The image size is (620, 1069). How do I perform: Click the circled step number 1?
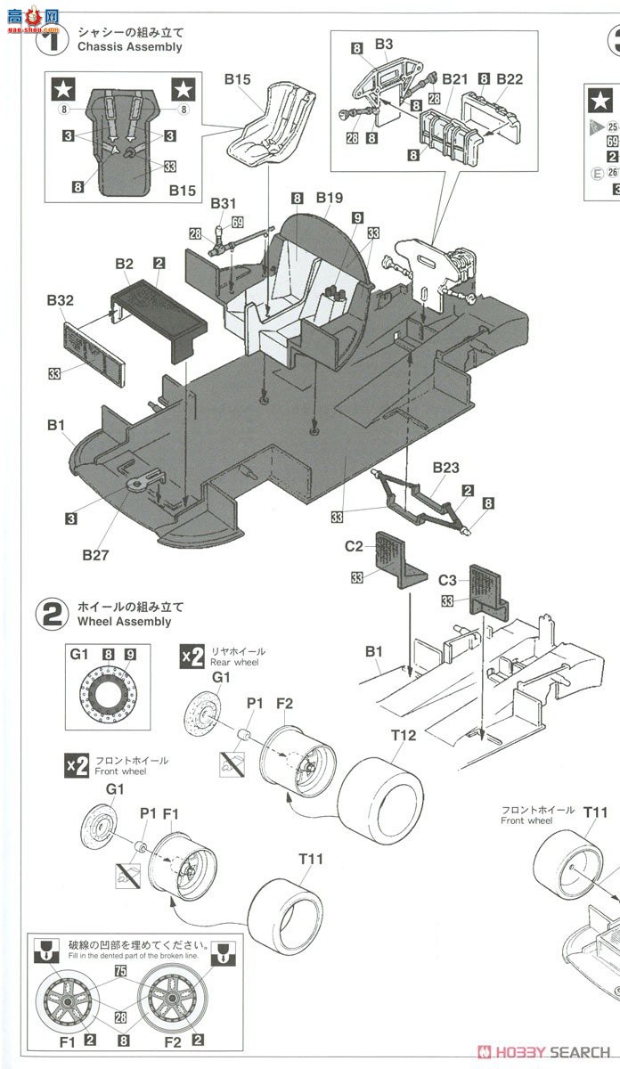[x=51, y=39]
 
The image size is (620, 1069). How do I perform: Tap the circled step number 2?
[x=51, y=614]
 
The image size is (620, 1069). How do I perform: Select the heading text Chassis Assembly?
[x=129, y=46]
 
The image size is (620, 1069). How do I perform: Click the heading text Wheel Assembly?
[x=124, y=621]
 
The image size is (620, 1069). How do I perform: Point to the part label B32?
[x=60, y=301]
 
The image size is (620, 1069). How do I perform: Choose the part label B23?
[x=445, y=468]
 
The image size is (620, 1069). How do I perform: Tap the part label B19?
[x=329, y=197]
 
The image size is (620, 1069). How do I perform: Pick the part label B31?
[x=224, y=204]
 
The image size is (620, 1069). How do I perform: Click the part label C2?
[x=354, y=546]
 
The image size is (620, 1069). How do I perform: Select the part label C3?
[x=447, y=580]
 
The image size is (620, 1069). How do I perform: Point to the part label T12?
[x=404, y=735]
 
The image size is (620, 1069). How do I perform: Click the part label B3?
[x=383, y=44]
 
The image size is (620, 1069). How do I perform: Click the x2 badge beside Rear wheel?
[x=192, y=656]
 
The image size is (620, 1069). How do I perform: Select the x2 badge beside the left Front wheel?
[x=77, y=764]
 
